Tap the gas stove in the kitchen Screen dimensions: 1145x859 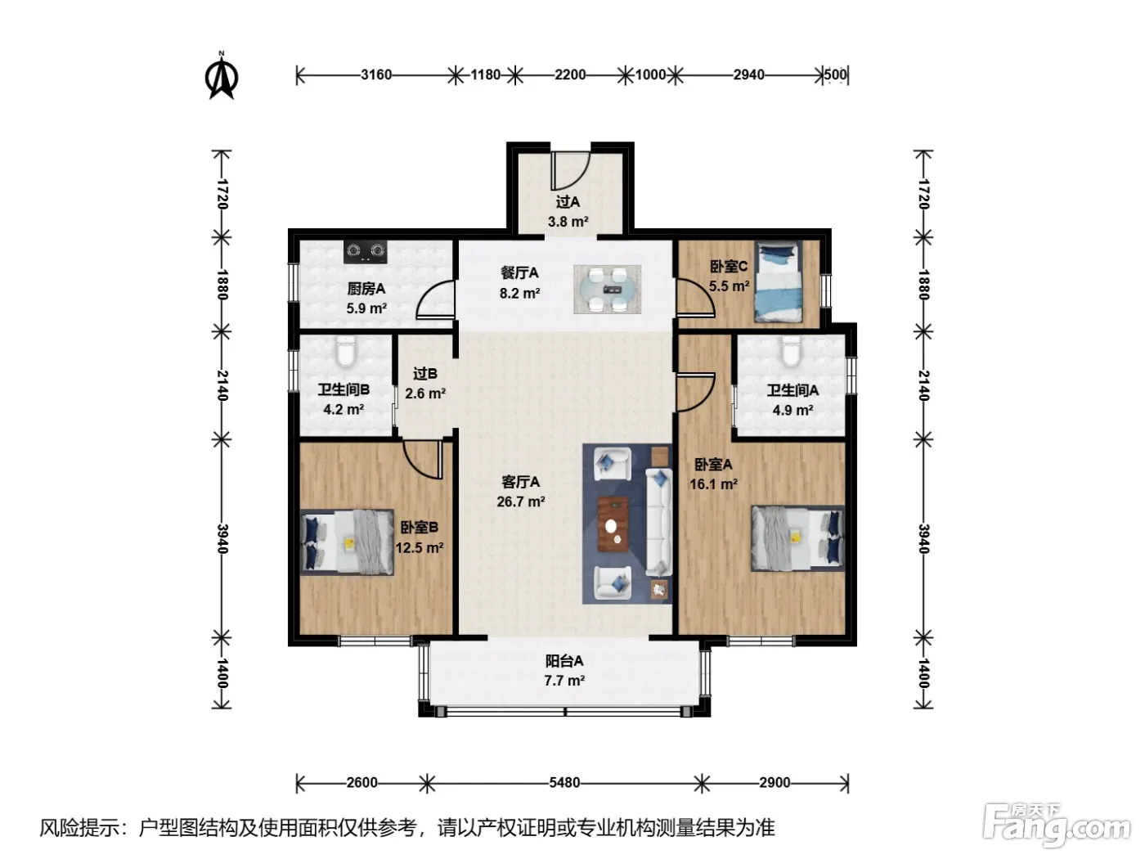coord(365,251)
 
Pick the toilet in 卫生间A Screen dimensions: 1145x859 coord(791,350)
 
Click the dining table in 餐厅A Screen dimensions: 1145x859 coord(607,290)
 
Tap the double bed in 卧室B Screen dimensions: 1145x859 coord(347,542)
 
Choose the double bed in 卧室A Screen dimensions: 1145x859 coord(797,538)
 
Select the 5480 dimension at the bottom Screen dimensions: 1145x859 coord(564,783)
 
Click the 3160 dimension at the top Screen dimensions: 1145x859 coord(376,75)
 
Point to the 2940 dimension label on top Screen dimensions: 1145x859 coord(748,75)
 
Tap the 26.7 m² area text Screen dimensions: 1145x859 coord(521,501)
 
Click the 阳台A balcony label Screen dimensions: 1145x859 coord(564,661)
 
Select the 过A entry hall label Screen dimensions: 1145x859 coord(568,202)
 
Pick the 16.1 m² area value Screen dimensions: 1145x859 coord(713,484)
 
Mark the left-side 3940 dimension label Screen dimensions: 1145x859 coord(222,539)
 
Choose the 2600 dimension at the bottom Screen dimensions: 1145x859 coord(362,783)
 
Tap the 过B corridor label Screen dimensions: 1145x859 coord(425,374)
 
